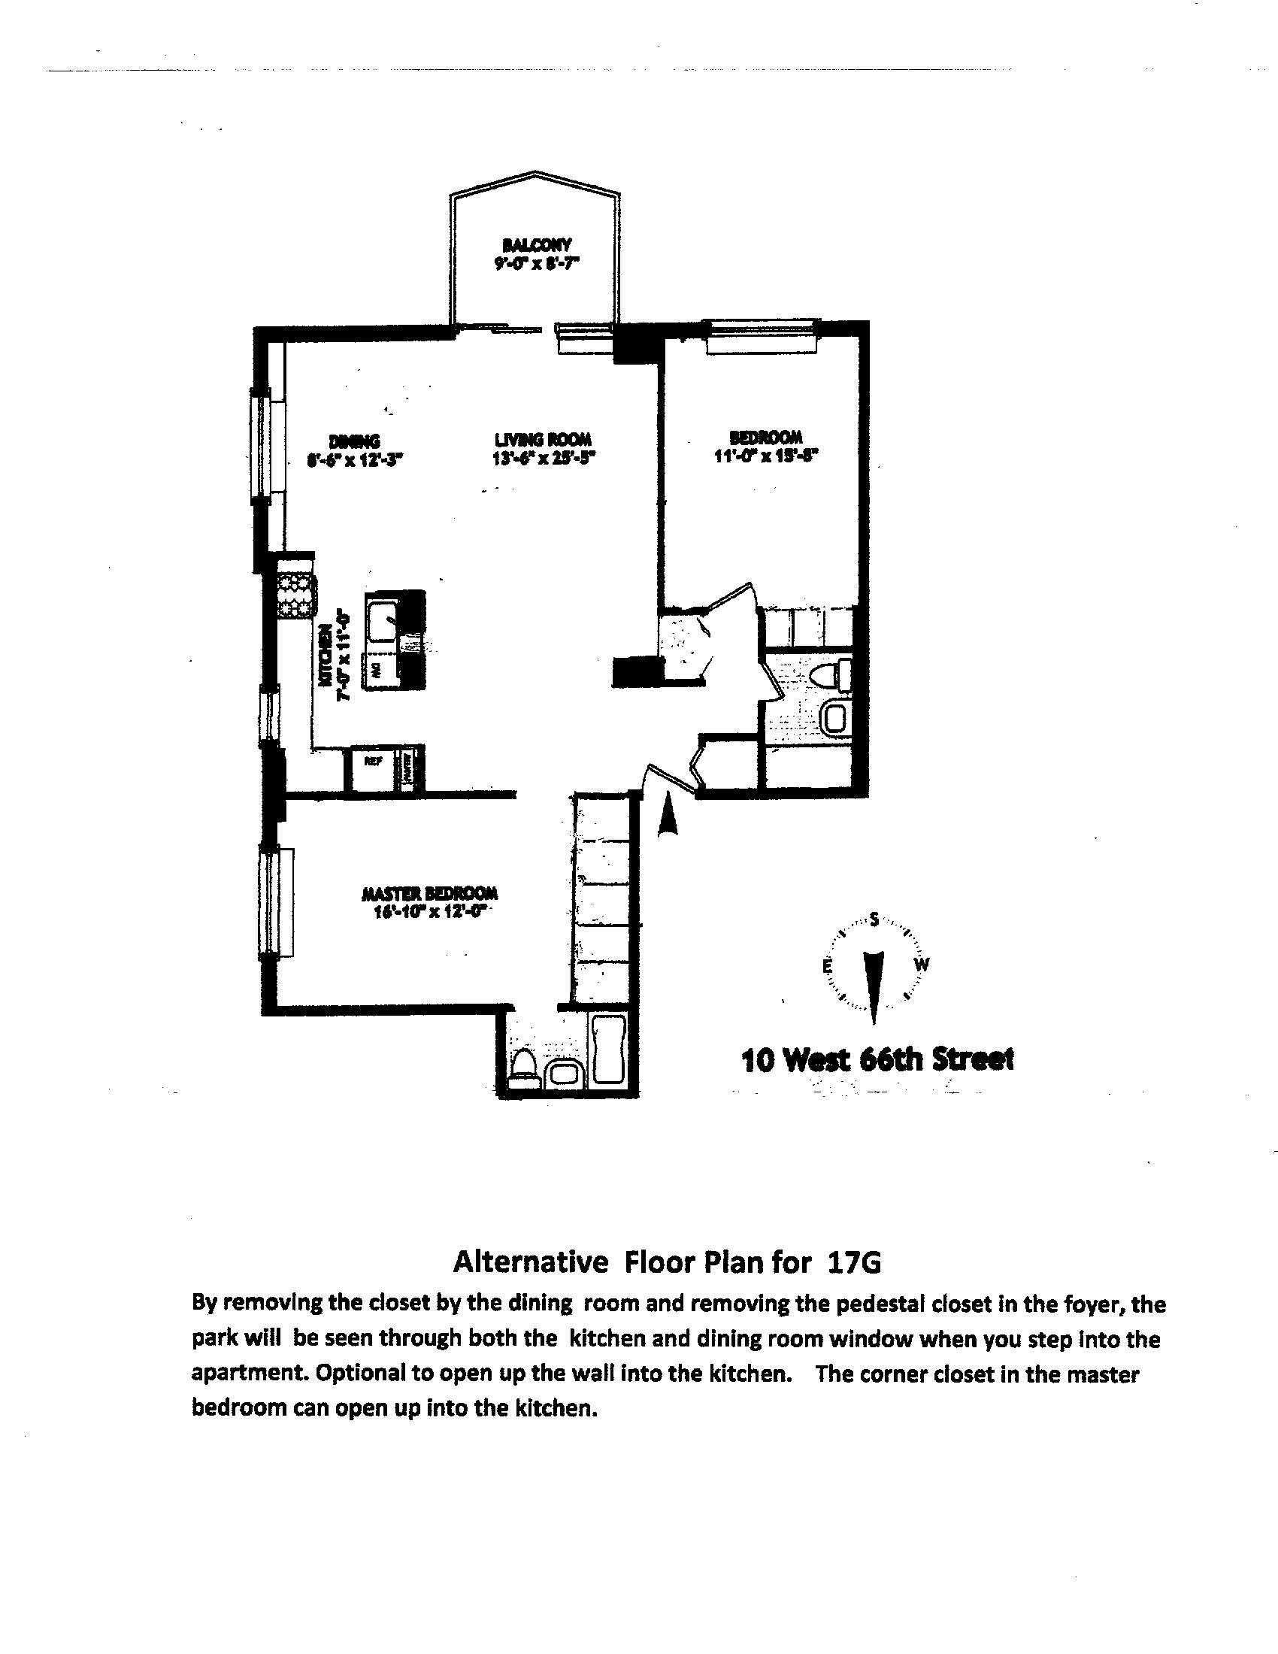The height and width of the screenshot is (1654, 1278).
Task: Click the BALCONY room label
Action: pyautogui.click(x=537, y=244)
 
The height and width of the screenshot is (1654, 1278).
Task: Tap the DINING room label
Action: pyautogui.click(x=354, y=441)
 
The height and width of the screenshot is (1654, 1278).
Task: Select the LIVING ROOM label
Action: pyautogui.click(x=543, y=439)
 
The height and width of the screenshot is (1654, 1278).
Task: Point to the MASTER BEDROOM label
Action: pyautogui.click(x=429, y=893)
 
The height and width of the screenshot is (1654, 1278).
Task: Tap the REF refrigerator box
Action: pyautogui.click(x=372, y=761)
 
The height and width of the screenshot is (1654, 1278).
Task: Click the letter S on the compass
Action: pyautogui.click(x=874, y=920)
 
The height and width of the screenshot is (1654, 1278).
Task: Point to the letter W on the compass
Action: pyautogui.click(x=922, y=965)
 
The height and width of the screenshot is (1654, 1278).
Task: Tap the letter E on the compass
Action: pyautogui.click(x=828, y=967)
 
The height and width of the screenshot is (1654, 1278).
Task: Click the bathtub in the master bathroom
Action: pyautogui.click(x=608, y=1051)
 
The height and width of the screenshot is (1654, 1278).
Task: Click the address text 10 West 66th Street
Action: pyautogui.click(x=877, y=1059)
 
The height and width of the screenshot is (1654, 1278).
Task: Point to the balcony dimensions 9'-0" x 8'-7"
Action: pyautogui.click(x=537, y=265)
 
